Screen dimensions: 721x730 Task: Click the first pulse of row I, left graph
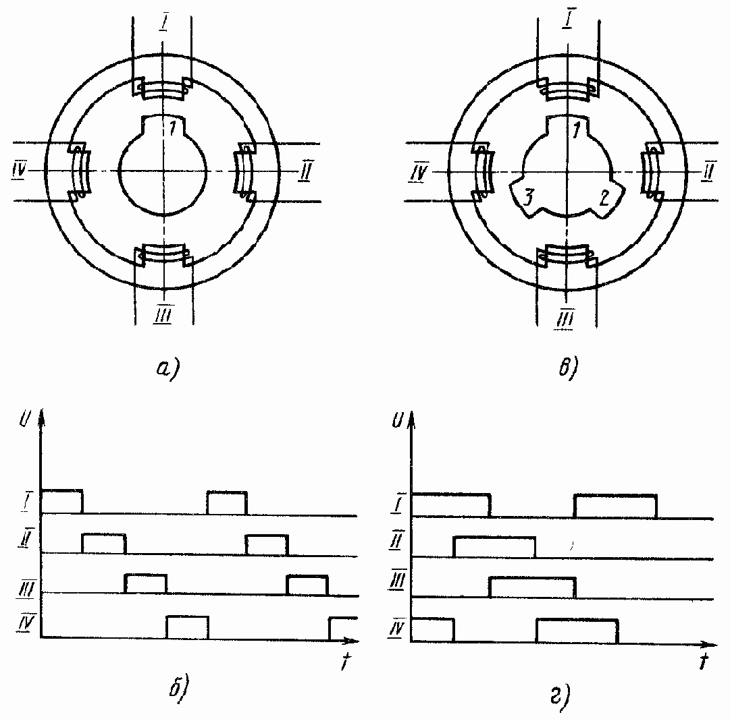(61, 500)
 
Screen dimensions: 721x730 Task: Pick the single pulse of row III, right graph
(532, 587)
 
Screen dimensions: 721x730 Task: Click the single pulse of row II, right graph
(494, 547)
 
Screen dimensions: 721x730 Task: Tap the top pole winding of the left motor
(163, 90)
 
